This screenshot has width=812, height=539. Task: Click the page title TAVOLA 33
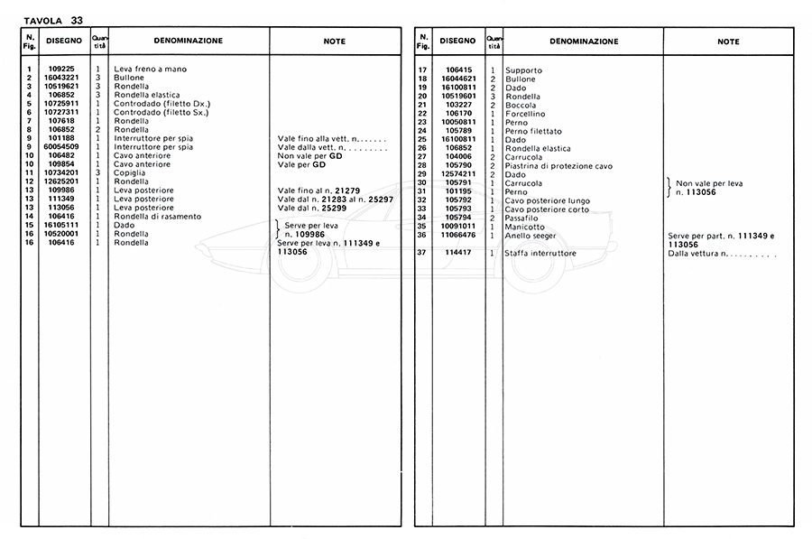tap(52, 17)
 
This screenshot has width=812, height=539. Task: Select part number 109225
tap(63, 70)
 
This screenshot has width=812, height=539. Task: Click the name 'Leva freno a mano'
tap(151, 70)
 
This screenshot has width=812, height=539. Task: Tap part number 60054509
tap(63, 146)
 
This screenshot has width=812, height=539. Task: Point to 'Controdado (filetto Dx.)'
tap(161, 103)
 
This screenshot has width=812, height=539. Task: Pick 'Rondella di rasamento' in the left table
tap(158, 217)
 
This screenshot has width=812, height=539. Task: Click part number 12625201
tap(63, 181)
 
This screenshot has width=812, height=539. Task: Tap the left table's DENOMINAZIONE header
tap(189, 41)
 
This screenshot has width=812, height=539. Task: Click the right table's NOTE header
tap(728, 42)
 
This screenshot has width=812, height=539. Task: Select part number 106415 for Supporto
tap(459, 70)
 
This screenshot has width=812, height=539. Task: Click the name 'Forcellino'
tap(525, 114)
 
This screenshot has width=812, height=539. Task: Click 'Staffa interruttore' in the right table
tap(541, 254)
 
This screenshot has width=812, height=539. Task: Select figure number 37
tap(421, 254)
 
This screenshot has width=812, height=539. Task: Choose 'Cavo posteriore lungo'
tap(547, 200)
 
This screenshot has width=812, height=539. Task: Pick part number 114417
tap(459, 254)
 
